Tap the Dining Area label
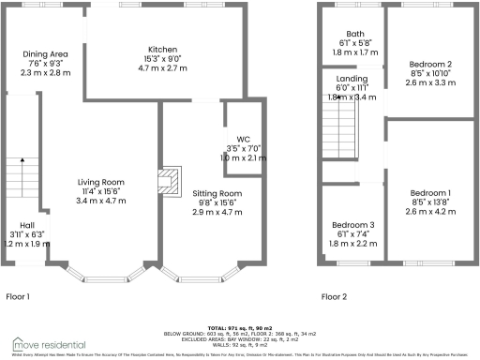click(x=44, y=54)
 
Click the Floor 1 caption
click(x=19, y=296)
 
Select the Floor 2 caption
click(x=336, y=296)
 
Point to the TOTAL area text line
click(x=241, y=320)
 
